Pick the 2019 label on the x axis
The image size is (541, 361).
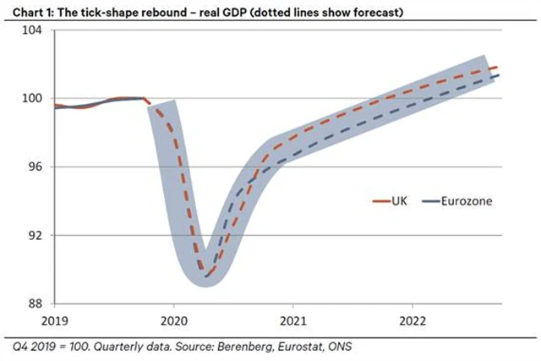tap(55, 322)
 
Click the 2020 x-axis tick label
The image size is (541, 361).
tap(173, 322)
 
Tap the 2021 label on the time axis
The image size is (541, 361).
tap(292, 322)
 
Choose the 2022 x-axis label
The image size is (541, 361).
tap(412, 322)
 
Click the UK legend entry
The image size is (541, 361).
tap(393, 201)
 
